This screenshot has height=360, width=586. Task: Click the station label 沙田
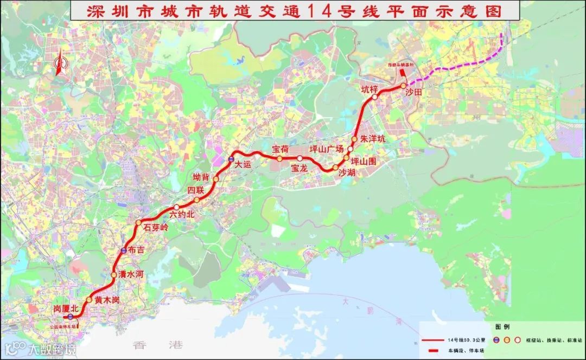click(413, 93)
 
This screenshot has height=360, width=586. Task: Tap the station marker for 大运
click(231, 159)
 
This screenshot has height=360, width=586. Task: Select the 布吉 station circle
click(124, 250)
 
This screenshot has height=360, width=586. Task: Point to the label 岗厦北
click(66, 308)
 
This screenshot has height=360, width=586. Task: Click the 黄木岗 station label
click(106, 300)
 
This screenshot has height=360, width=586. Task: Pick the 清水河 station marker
click(114, 275)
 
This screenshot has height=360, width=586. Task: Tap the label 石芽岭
click(156, 228)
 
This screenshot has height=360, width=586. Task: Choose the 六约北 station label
click(182, 215)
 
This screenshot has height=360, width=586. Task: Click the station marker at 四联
click(196, 200)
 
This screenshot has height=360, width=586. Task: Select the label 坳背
click(201, 177)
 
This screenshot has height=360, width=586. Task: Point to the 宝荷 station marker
click(279, 159)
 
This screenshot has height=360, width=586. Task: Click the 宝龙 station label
click(299, 168)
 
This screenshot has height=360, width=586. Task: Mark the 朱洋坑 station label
click(372, 139)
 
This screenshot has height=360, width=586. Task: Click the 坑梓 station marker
click(375, 98)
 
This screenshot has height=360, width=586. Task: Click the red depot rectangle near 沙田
click(402, 72)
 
